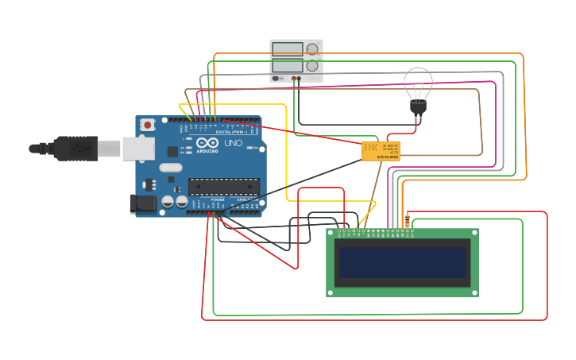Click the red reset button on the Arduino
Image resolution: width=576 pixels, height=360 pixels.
(x=148, y=125)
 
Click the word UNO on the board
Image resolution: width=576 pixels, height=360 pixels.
(x=233, y=144)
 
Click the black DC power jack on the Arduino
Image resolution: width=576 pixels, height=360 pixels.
(x=143, y=203)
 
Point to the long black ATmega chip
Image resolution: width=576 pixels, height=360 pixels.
(x=223, y=187)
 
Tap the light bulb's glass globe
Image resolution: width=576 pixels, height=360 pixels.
(x=418, y=82)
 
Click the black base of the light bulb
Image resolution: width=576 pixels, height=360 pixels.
(x=418, y=106)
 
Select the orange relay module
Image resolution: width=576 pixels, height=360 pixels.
(x=381, y=151)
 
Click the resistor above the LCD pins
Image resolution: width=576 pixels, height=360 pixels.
(x=408, y=220)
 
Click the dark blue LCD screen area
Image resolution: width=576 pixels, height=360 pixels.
(x=402, y=262)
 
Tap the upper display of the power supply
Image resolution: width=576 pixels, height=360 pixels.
(x=288, y=49)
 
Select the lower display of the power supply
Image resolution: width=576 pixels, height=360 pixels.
(x=288, y=66)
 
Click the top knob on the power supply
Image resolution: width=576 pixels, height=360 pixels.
(x=312, y=49)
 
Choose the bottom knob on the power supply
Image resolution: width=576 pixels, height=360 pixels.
(x=312, y=67)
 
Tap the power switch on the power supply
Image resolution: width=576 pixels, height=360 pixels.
(x=276, y=78)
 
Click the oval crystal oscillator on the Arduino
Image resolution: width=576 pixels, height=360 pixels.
(x=171, y=168)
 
